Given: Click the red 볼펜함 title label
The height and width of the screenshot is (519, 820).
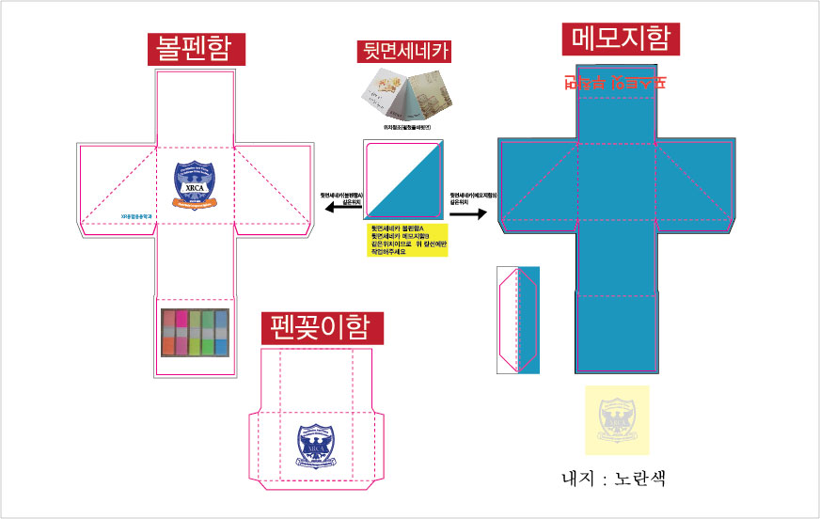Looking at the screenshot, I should [x=196, y=49].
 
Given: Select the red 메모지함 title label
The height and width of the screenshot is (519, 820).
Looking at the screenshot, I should [x=621, y=39].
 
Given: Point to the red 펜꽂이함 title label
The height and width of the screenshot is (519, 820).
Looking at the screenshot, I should [x=323, y=327].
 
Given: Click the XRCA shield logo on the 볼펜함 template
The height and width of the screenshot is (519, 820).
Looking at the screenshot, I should [x=195, y=183].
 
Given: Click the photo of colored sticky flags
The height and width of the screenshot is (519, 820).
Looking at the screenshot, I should [x=195, y=332].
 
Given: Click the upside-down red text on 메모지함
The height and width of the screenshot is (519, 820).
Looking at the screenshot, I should [x=615, y=82].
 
